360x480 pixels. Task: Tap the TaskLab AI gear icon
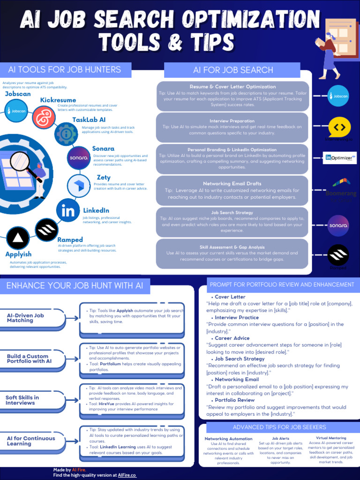[66, 135]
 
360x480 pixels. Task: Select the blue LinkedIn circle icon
[67, 211]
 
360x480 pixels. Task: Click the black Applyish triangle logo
[18, 239]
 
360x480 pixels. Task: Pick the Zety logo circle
[78, 186]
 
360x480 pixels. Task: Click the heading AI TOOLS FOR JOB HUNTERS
[65, 70]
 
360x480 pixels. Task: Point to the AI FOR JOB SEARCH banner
[233, 70]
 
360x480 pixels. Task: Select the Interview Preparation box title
[232, 121]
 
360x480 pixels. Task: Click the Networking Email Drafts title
[232, 183]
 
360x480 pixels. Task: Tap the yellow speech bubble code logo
[339, 127]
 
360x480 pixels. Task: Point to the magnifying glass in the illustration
[21, 162]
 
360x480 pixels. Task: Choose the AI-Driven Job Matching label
[25, 318]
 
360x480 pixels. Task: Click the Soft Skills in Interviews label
[22, 400]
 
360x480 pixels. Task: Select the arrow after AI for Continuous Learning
[72, 441]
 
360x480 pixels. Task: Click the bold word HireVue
[108, 404]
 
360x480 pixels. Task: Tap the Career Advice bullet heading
[232, 338]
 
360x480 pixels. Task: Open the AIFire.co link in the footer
[127, 475]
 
